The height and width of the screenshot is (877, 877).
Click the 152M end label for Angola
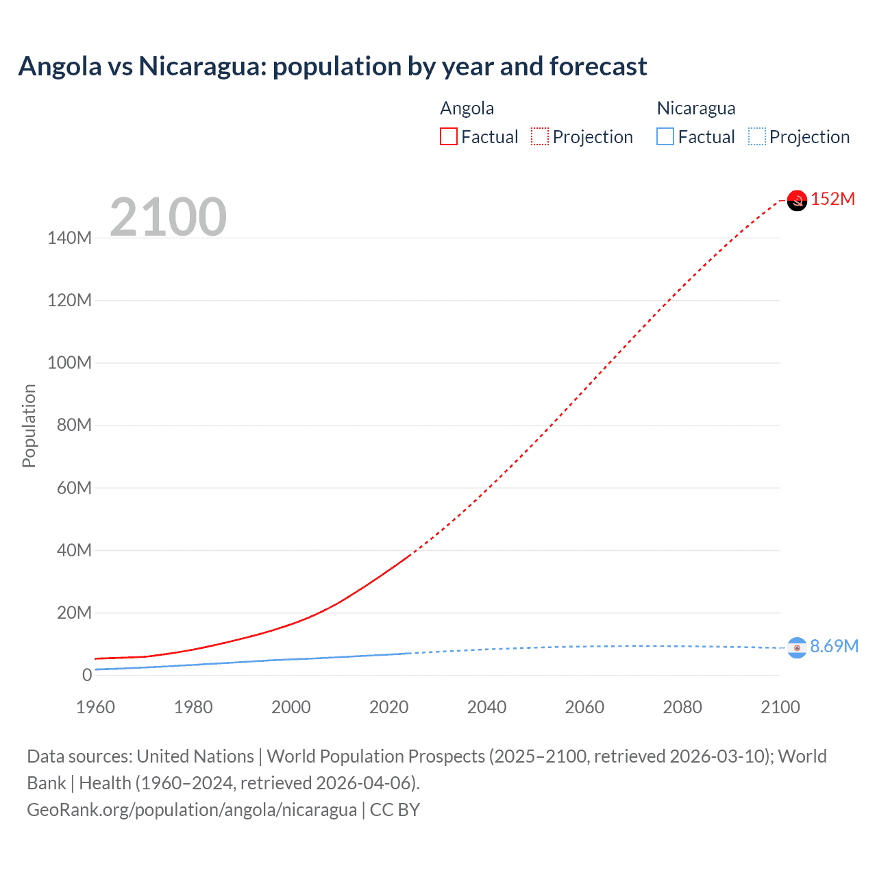[832, 199]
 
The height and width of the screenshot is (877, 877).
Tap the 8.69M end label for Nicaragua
[834, 647]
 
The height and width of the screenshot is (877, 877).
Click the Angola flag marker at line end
[797, 201]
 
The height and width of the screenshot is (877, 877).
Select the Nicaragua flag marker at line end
[797, 647]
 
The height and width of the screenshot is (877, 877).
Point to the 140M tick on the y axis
[69, 238]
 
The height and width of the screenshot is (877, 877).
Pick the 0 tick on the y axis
[87, 675]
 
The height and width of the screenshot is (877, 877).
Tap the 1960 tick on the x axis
[95, 707]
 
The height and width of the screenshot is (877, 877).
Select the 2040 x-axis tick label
[486, 707]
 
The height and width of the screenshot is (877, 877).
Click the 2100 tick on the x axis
[780, 707]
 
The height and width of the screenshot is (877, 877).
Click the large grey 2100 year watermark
[168, 217]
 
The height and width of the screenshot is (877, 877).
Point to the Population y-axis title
[29, 425]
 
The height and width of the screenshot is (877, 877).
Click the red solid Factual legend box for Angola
[448, 137]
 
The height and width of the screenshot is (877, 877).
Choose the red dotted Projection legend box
[540, 137]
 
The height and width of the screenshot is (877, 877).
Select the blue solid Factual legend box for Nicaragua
[665, 137]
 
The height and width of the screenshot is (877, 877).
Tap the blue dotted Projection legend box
[757, 137]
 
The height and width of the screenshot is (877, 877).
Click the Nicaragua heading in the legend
[695, 108]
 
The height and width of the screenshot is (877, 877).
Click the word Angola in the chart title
[60, 66]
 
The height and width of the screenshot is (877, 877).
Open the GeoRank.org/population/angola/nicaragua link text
[192, 810]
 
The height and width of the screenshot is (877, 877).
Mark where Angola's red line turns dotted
[410, 556]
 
